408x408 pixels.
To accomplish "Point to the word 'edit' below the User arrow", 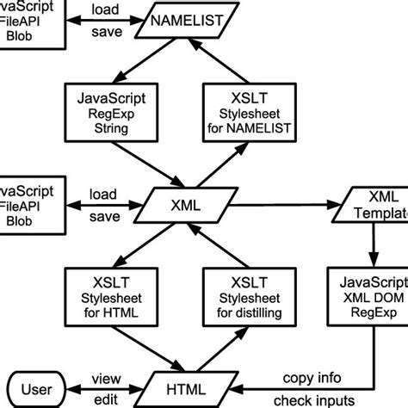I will tap(107, 399).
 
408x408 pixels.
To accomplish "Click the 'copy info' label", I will tap(312, 377).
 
